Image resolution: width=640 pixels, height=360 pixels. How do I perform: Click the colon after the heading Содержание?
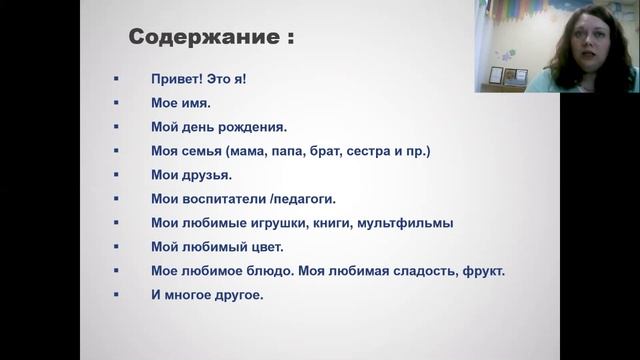coord(290,41)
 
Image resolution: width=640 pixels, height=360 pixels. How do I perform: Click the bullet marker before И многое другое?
coord(117,295)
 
